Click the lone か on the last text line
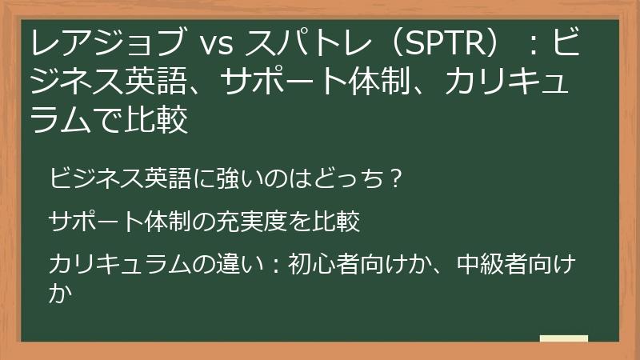[x=58, y=294]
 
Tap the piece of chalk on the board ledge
[x=563, y=338]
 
